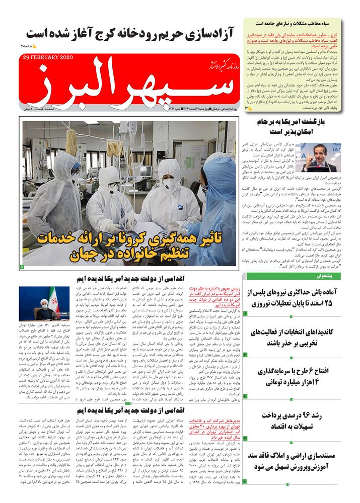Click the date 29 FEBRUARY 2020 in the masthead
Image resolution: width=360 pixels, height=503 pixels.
[x=48, y=57]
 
